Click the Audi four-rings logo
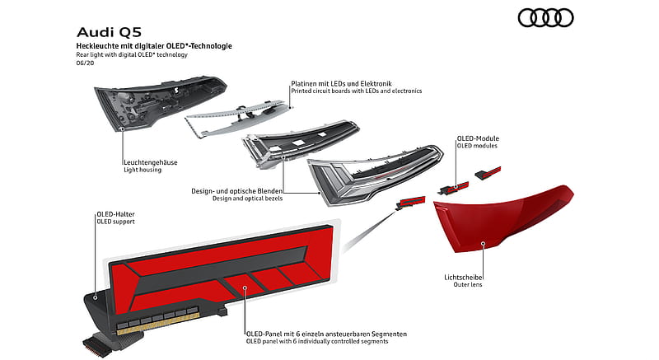[x=545, y=18]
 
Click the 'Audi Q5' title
[x=110, y=32]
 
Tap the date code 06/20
[x=85, y=63]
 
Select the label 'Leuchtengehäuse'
[x=151, y=162]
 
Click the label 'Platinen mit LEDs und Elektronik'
[x=341, y=83]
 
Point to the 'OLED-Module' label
[x=478, y=138]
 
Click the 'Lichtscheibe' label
[x=463, y=278]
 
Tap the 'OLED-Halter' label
[x=115, y=214]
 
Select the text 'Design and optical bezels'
[x=248, y=199]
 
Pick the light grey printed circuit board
[x=237, y=118]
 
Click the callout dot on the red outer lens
[x=483, y=243]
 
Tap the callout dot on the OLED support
[x=95, y=298]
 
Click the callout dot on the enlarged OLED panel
[x=245, y=288]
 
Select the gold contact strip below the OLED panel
[x=157, y=326]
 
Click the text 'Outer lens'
[x=468, y=284]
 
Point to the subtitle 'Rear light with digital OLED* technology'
[x=132, y=54]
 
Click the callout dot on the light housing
[x=122, y=129]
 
